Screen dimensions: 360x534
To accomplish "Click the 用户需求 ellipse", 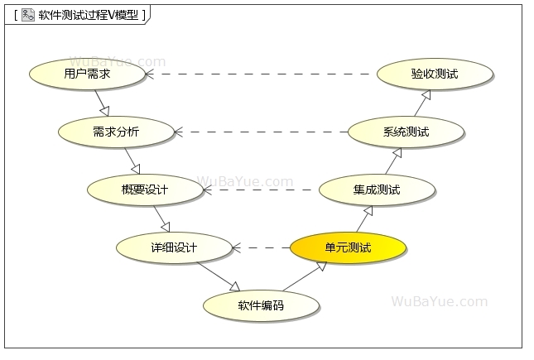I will click(87, 74).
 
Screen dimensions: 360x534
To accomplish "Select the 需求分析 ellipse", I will click(116, 132).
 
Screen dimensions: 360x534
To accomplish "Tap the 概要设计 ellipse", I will click(145, 190).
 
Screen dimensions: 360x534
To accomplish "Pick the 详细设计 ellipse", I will click(174, 247).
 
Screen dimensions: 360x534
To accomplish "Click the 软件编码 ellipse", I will click(261, 305).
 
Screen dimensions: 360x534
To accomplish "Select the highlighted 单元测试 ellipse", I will click(348, 247).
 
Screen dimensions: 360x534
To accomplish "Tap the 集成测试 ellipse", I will click(377, 190).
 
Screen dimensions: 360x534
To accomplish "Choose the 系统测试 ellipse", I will click(406, 132).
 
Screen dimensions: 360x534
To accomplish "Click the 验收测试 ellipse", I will click(435, 74).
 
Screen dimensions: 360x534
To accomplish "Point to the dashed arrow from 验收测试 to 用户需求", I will click(261, 74).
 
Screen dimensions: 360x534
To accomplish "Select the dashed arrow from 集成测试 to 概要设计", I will click(261, 190).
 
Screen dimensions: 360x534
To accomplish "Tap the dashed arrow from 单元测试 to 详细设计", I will click(261, 247).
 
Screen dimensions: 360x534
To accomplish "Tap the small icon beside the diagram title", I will click(27, 14).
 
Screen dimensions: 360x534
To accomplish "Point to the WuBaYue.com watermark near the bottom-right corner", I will click(439, 301).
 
